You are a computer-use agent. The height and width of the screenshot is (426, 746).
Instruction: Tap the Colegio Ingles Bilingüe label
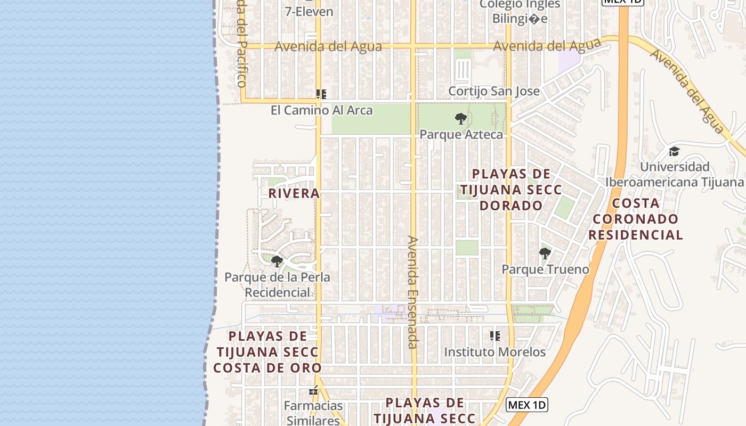point(520,12)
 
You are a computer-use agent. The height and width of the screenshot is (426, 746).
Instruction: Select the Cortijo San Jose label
point(494,91)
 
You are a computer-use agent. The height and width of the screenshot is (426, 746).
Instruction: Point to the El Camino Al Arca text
point(322,110)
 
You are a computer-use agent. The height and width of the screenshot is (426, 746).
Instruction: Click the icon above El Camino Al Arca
point(321,94)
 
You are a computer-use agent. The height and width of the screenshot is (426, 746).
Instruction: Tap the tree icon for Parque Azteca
point(461,119)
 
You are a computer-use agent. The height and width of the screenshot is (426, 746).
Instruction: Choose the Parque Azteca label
point(461,134)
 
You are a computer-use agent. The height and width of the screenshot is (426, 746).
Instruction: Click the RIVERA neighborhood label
point(294,193)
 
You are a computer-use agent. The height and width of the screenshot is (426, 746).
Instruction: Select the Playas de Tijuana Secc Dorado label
point(512,190)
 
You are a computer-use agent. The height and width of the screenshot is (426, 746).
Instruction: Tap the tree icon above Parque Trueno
point(545,253)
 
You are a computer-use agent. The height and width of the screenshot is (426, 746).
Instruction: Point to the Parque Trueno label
point(546,269)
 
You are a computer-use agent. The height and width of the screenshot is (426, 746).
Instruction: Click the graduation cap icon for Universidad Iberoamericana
point(674,152)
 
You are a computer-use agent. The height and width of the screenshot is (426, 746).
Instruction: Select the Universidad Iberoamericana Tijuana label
point(674,175)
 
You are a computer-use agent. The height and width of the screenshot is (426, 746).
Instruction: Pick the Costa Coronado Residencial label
point(638,219)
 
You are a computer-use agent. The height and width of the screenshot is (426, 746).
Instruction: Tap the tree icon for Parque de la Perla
point(277,261)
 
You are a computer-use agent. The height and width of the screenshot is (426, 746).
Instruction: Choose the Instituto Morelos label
point(495,352)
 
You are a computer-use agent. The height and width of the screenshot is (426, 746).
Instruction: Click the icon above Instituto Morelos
point(495,336)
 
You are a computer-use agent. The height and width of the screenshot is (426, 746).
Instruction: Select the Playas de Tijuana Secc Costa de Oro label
point(267,352)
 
